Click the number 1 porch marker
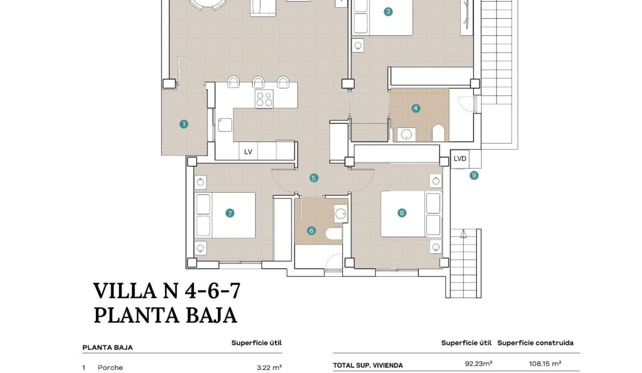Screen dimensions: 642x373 [x=184, y=124]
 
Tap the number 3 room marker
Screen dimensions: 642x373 [x=388, y=12]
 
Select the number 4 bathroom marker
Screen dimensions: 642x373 [x=416, y=108]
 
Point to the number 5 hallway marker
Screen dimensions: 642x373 [x=314, y=178]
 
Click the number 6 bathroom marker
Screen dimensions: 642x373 [x=311, y=231]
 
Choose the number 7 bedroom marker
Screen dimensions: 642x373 [x=230, y=213]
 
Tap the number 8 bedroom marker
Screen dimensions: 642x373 [x=402, y=213]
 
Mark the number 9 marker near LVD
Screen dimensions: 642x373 [x=474, y=175]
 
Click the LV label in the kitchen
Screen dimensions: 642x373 [x=248, y=152]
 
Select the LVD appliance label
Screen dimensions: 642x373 [x=460, y=159]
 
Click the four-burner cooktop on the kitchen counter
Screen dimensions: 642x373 [x=264, y=98]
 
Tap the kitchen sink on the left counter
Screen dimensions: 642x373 [x=225, y=125]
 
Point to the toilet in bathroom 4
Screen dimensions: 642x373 [x=438, y=133]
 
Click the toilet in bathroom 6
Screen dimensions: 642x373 [x=334, y=234]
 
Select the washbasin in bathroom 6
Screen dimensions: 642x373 [x=341, y=214]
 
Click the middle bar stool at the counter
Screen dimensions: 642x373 [x=258, y=82]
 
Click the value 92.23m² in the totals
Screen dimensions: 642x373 [x=478, y=364]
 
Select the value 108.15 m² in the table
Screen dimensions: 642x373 [x=545, y=364]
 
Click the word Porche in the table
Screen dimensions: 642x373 [x=110, y=368]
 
